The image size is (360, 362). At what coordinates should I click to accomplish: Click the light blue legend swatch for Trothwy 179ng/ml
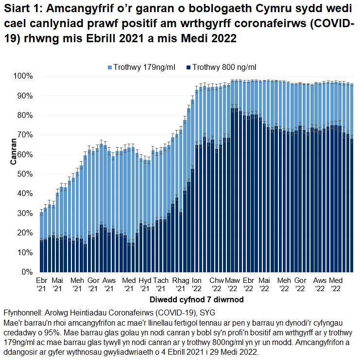[x=110, y=67]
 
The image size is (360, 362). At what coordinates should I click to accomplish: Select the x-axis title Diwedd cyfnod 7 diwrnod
[x=197, y=299]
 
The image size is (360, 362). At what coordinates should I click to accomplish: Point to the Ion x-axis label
[x=197, y=281]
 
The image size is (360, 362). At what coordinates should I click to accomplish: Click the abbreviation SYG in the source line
[x=207, y=312]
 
